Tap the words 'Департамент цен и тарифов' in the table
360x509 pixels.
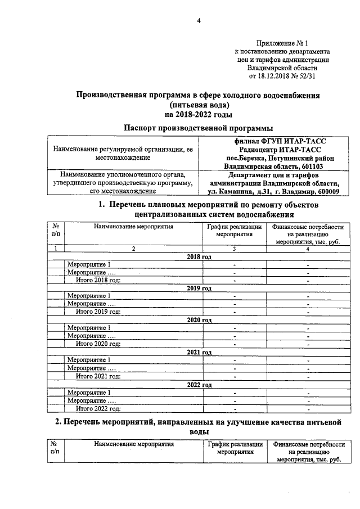[x=274, y=175]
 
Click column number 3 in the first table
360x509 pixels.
[x=234, y=248]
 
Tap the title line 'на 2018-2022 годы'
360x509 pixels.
[x=198, y=114]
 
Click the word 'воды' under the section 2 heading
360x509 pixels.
[x=198, y=432]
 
